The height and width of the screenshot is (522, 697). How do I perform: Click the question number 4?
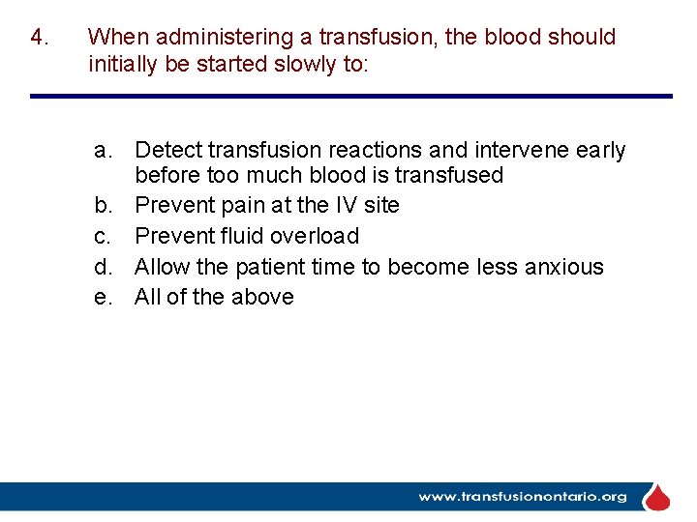[39, 38]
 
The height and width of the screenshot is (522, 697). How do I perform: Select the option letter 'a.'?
[106, 151]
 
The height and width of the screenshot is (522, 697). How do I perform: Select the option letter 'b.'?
[106, 205]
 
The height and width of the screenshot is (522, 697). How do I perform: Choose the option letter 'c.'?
[106, 236]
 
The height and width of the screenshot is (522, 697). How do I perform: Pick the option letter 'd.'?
[106, 267]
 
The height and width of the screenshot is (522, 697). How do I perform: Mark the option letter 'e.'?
[106, 298]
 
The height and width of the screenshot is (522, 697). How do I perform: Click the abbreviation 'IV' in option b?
[347, 205]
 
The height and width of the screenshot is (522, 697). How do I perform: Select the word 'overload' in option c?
[315, 236]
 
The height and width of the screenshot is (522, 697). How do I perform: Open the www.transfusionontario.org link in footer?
[522, 497]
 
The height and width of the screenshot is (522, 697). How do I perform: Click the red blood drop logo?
[657, 498]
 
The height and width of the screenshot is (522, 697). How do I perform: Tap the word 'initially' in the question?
[122, 65]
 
